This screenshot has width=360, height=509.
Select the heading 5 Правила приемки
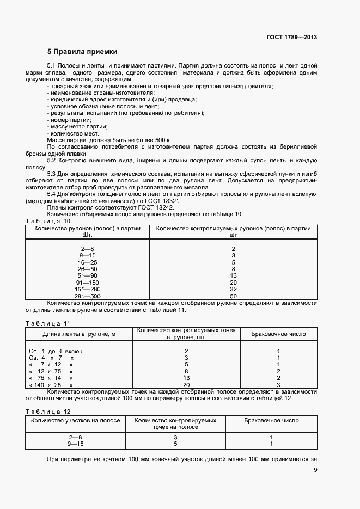(82, 52)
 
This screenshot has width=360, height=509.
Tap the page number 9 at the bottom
(315, 471)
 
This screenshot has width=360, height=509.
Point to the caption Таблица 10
(48, 221)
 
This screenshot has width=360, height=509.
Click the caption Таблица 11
(48, 323)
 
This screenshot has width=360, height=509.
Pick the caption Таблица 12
(48, 412)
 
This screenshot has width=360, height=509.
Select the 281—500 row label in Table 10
(87, 296)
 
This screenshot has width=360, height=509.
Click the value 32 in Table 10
(233, 289)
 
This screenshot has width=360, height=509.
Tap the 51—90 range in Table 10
(87, 275)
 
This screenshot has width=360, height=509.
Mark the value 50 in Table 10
(233, 296)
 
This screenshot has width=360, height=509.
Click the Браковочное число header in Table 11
(278, 334)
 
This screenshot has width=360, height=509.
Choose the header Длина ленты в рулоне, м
(79, 334)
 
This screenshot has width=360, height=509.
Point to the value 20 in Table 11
(186, 385)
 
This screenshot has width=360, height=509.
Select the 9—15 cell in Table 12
(75, 444)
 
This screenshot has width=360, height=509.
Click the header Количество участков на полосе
(75, 421)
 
